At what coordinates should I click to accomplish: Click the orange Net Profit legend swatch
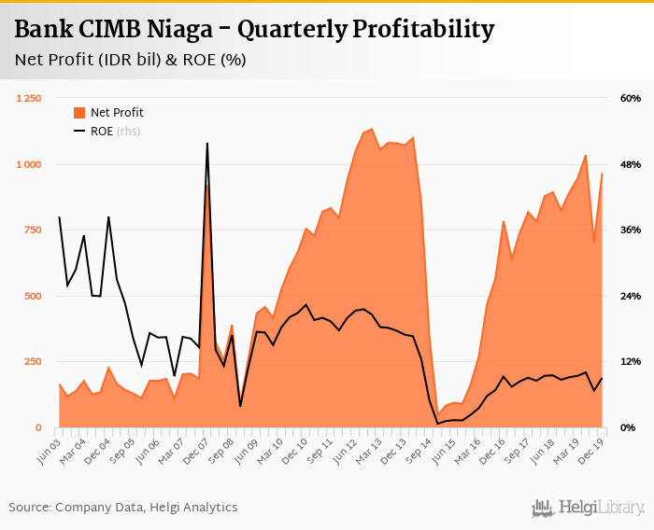click(x=79, y=113)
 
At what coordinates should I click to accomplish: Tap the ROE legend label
click(x=102, y=132)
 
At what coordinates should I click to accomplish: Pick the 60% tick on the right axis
click(x=630, y=99)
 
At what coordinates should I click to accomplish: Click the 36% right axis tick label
click(x=630, y=230)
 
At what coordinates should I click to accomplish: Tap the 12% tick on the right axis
click(x=630, y=362)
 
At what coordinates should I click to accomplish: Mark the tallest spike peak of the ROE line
click(x=206, y=144)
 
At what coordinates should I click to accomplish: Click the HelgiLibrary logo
click(x=589, y=508)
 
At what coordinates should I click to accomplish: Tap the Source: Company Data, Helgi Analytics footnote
click(x=123, y=508)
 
